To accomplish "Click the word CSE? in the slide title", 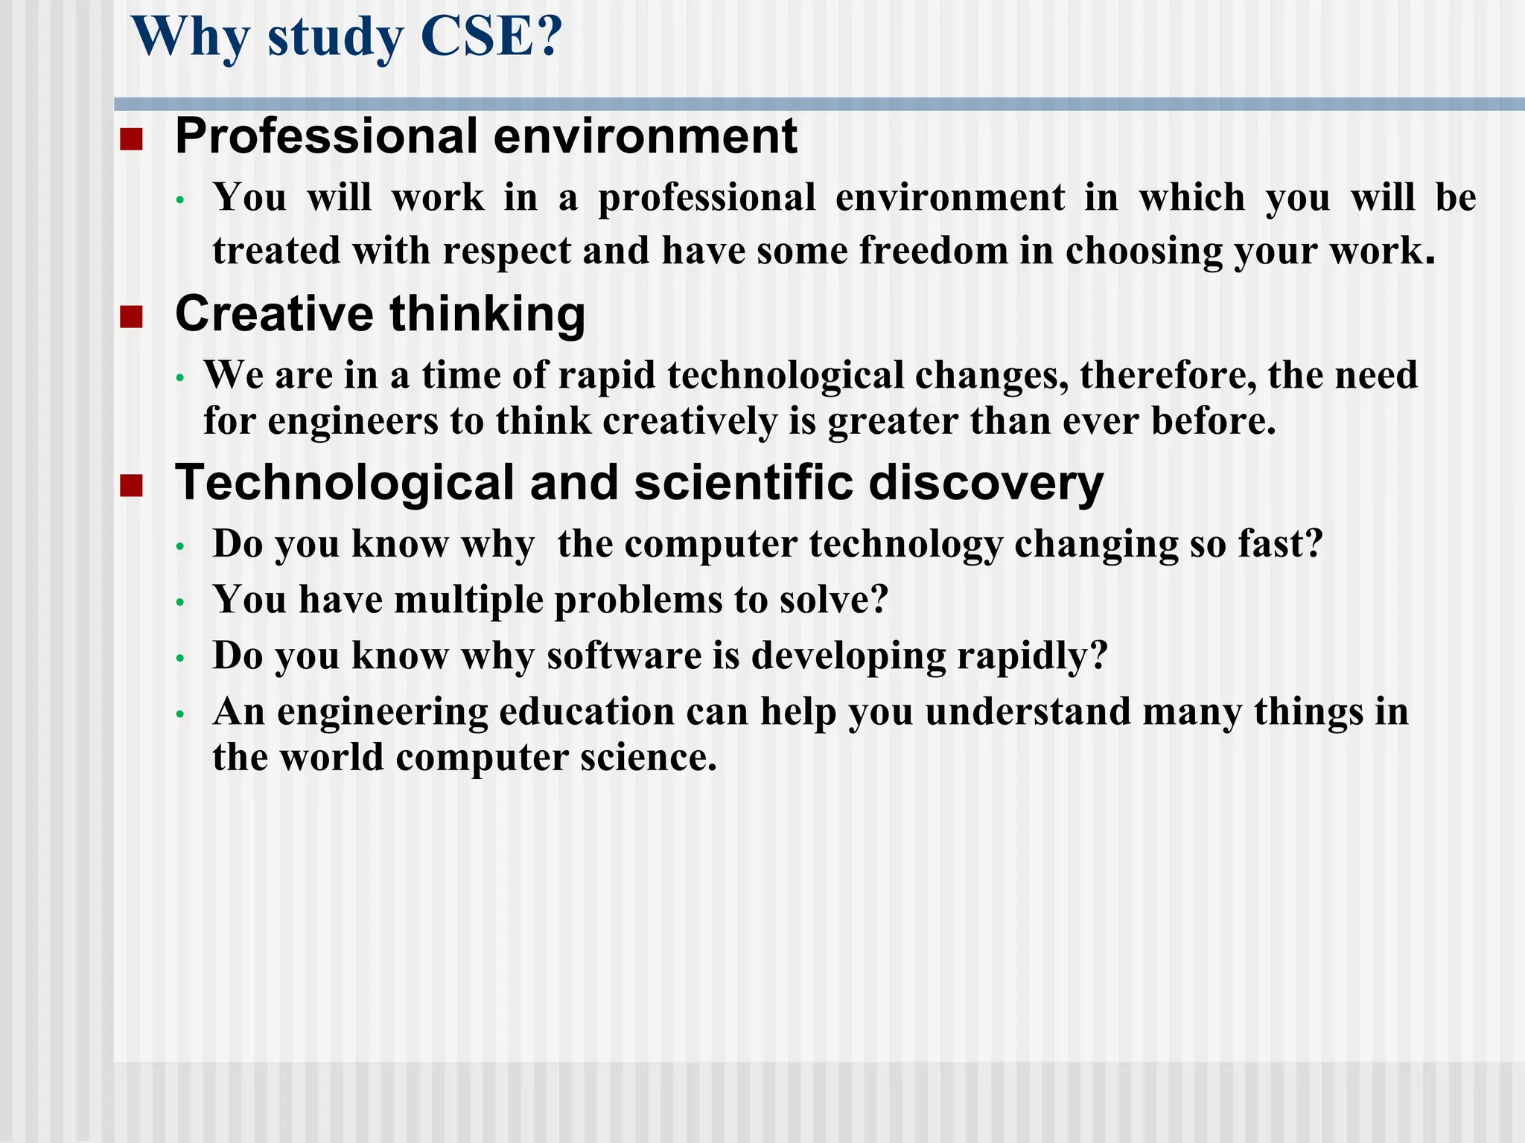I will coord(491,37).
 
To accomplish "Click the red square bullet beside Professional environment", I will coord(131,139).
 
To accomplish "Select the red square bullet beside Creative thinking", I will coord(131,317).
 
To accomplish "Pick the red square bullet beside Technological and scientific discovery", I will coord(131,486).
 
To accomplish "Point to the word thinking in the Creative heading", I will coord(488,314).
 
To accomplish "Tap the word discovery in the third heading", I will coord(986,484).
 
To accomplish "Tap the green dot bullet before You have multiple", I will coord(179,602).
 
